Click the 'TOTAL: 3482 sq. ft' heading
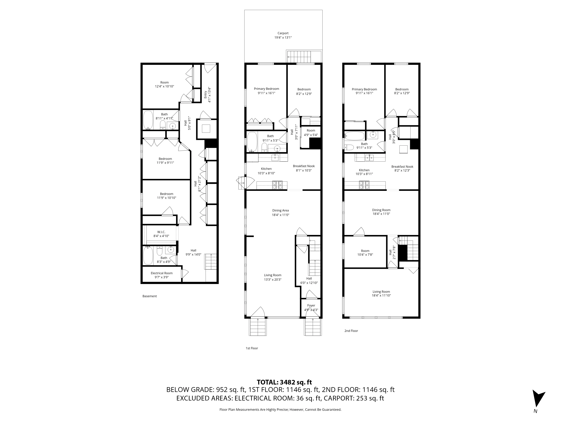click(x=284, y=382)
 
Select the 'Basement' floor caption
click(x=150, y=296)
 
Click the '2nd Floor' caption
click(x=351, y=331)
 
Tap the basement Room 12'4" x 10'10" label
click(x=164, y=84)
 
